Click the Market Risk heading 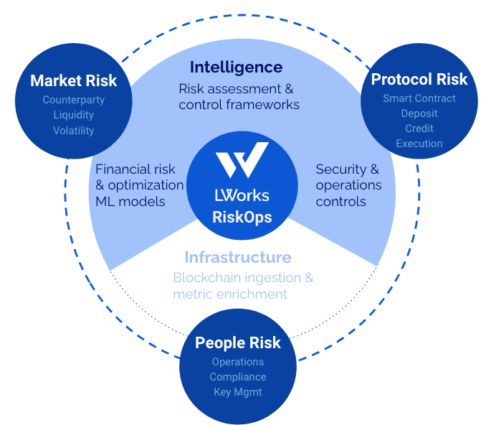(x=73, y=80)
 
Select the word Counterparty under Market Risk (x=73, y=100)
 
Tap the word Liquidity (x=73, y=115)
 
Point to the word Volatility (x=73, y=131)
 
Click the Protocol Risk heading (x=419, y=79)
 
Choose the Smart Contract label (x=419, y=98)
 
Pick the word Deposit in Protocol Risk (x=419, y=113)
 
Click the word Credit (x=419, y=129)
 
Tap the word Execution (x=419, y=144)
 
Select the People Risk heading (x=237, y=342)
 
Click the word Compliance (x=237, y=377)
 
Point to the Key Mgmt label (x=237, y=392)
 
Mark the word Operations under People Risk (x=237, y=362)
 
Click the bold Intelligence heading (x=236, y=67)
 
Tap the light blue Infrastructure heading (x=237, y=257)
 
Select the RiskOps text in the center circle (x=242, y=216)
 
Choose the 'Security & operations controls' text (x=348, y=185)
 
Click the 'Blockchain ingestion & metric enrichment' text (x=242, y=286)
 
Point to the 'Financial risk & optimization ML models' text (x=139, y=185)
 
